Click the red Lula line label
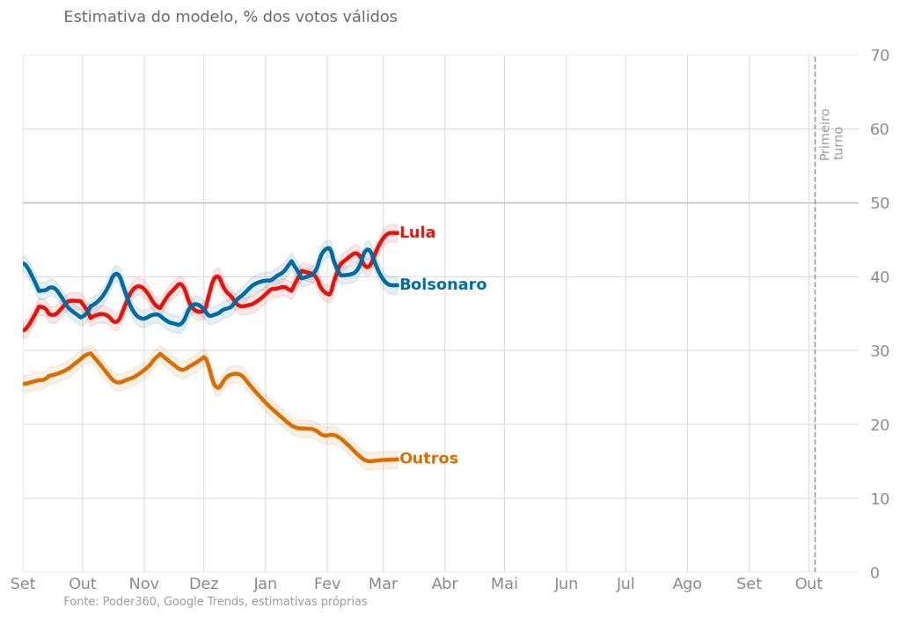click(417, 233)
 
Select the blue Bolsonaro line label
click(443, 285)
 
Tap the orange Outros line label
click(428, 459)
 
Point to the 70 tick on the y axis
click(879, 55)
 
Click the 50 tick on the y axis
click(879, 203)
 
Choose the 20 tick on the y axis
click(879, 425)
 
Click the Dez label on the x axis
click(204, 584)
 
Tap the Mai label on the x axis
click(504, 584)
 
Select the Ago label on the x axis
click(688, 584)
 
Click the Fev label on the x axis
click(326, 584)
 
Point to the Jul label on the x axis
click(626, 584)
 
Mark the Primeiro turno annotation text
click(831, 134)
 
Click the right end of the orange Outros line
click(397, 460)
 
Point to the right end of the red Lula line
click(397, 233)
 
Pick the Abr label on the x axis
click(444, 584)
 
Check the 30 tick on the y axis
click(879, 351)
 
